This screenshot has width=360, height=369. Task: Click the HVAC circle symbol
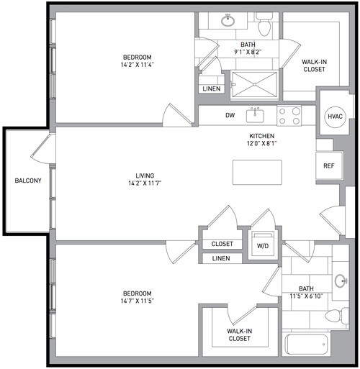click(x=335, y=117)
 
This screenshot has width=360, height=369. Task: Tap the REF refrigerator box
click(x=329, y=165)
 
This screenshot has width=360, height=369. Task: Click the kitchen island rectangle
click(x=257, y=173)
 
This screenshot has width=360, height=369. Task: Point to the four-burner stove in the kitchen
click(x=289, y=116)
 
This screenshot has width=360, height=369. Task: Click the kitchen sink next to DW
click(x=255, y=115)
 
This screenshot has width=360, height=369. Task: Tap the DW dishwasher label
click(x=230, y=116)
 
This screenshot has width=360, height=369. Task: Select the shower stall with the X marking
click(x=254, y=84)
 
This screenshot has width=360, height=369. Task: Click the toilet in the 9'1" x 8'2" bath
click(x=264, y=24)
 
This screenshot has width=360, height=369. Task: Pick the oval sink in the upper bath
click(x=228, y=21)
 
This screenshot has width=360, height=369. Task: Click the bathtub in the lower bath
click(x=307, y=345)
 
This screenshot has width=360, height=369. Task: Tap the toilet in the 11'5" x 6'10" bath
click(x=337, y=316)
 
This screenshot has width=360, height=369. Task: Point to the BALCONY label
click(x=28, y=181)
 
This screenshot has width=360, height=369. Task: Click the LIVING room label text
click(x=145, y=176)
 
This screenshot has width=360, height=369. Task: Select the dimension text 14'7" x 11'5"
click(x=138, y=301)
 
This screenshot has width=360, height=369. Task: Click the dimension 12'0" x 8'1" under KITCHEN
click(x=262, y=143)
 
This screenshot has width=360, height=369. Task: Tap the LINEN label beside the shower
click(x=212, y=88)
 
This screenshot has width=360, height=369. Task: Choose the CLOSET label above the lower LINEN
click(x=222, y=244)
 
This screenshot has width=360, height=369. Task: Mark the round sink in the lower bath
click(x=341, y=281)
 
